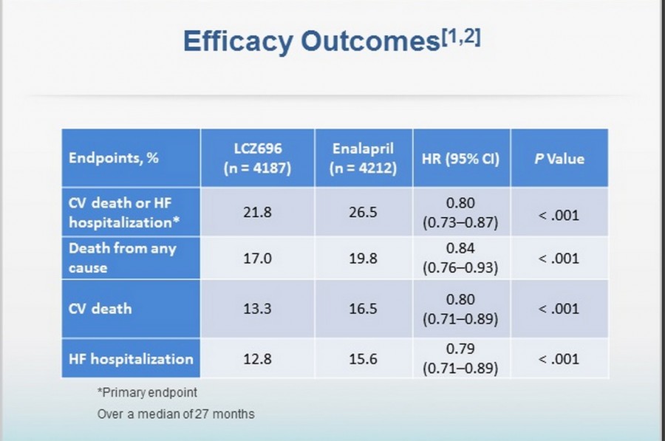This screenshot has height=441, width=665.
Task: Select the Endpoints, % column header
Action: click(114, 158)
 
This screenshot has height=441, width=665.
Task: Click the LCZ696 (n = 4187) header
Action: click(258, 158)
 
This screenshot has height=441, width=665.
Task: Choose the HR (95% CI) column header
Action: click(461, 158)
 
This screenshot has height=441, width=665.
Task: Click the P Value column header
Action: click(559, 158)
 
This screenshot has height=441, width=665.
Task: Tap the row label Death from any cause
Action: click(123, 258)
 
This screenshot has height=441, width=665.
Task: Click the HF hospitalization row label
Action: click(131, 360)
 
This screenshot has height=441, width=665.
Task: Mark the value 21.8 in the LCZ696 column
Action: click(257, 213)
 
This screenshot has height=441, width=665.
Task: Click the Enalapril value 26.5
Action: click(364, 213)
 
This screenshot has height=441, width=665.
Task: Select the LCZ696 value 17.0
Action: click(257, 259)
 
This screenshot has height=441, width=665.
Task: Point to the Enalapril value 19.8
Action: click(364, 259)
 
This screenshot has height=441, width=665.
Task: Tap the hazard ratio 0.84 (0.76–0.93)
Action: click(460, 259)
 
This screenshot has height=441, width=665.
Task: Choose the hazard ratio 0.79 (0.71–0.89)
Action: click(460, 360)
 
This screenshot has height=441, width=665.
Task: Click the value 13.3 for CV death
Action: click(257, 309)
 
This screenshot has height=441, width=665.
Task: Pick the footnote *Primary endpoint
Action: click(147, 392)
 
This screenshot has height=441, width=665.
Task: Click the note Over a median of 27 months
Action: click(176, 414)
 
